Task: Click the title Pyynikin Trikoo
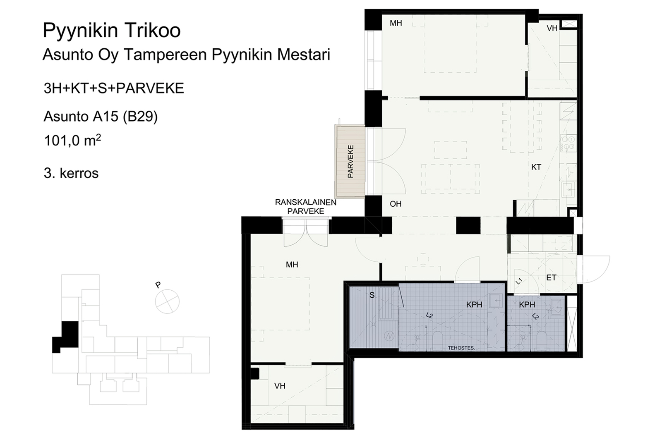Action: click(112, 31)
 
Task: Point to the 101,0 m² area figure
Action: click(73, 141)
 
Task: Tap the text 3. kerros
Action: click(71, 173)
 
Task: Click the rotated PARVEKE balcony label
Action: click(350, 161)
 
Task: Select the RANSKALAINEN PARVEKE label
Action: click(306, 207)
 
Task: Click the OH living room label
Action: click(396, 204)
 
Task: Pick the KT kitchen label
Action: click(536, 167)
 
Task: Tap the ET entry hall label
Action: click(551, 277)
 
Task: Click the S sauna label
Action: click(372, 295)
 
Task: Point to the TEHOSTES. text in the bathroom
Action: click(461, 348)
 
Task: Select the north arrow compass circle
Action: click(167, 301)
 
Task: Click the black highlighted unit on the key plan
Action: click(66, 337)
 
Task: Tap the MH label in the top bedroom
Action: click(396, 23)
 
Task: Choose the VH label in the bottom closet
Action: click(280, 386)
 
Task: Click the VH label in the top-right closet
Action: click(552, 29)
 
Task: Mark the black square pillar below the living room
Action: click(468, 225)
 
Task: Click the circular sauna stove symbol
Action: click(389, 336)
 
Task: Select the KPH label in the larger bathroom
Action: click(474, 305)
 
